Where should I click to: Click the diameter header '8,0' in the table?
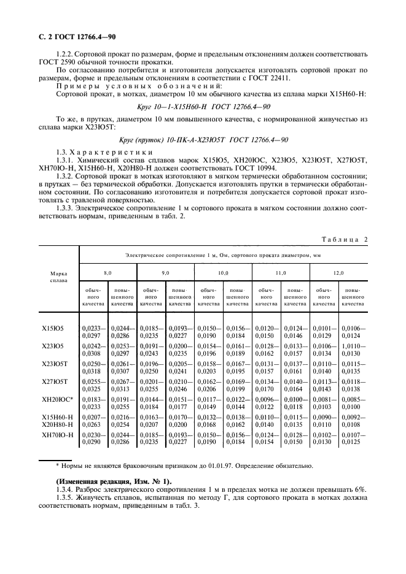(108, 271)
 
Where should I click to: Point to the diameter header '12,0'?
(338, 271)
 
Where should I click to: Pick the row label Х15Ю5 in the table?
(52, 328)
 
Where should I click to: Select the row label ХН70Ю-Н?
(57, 434)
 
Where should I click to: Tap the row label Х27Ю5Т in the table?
(54, 381)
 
